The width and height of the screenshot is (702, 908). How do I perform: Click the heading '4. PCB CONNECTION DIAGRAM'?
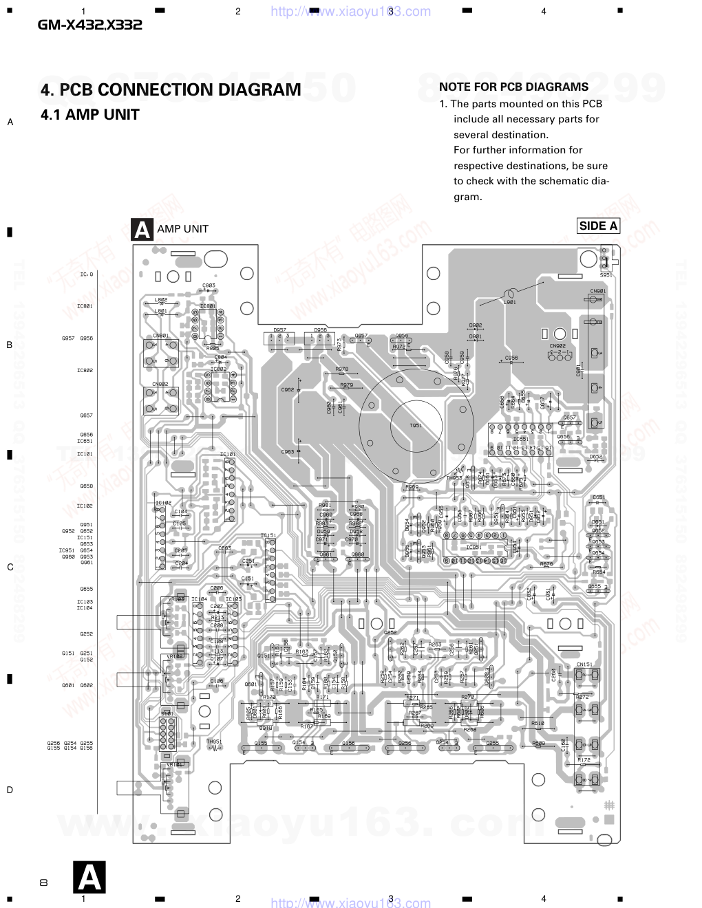click(171, 90)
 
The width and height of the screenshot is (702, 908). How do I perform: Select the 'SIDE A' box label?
click(598, 226)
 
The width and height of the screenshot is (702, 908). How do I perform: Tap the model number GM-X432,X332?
click(89, 25)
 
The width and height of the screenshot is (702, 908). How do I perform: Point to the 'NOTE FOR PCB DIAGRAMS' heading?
click(513, 87)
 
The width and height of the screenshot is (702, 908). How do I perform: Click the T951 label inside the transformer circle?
click(416, 426)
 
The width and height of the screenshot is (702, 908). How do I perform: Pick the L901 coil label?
click(510, 302)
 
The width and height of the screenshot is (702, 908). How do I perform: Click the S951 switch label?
click(606, 275)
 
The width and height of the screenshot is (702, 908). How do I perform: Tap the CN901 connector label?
click(597, 291)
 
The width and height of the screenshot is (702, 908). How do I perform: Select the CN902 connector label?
click(557, 346)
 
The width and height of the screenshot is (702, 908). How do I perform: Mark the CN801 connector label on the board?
click(160, 336)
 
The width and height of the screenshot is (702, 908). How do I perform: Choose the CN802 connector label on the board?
click(160, 384)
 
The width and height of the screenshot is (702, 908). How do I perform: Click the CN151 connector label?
click(584, 664)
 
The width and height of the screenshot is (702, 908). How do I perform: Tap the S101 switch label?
click(167, 714)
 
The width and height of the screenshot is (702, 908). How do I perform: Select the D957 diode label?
click(279, 330)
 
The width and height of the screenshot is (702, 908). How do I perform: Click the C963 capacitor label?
click(288, 451)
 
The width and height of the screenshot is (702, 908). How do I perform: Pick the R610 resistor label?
click(538, 723)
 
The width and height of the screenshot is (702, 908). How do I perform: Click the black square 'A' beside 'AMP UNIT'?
click(142, 230)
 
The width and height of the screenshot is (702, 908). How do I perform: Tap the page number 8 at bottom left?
click(43, 883)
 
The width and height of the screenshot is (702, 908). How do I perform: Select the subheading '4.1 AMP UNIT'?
click(90, 115)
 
